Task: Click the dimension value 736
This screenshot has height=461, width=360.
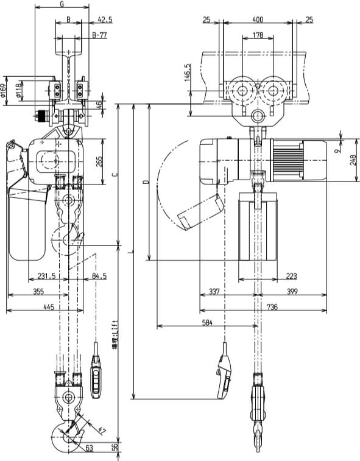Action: pyautogui.click(x=272, y=308)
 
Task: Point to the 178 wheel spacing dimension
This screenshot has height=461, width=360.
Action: pyautogui.click(x=258, y=36)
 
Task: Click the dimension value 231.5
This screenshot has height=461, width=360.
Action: pyautogui.click(x=46, y=276)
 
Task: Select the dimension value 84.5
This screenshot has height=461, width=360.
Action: pyautogui.click(x=98, y=276)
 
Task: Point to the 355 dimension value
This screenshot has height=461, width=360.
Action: pyautogui.click(x=38, y=292)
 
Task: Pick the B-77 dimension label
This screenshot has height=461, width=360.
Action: pyautogui.click(x=99, y=36)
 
